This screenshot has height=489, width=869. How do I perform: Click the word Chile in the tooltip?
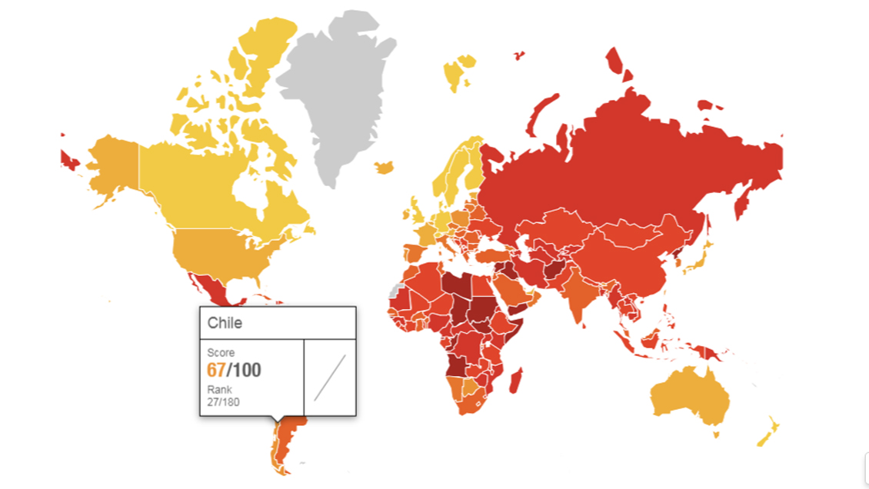225,323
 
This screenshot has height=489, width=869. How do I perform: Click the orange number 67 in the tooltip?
215,371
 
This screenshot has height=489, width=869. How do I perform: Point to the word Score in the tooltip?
221,353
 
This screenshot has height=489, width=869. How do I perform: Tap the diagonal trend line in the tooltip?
330,377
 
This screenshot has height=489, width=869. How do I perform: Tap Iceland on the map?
384,166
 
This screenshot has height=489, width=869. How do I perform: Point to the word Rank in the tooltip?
219,390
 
